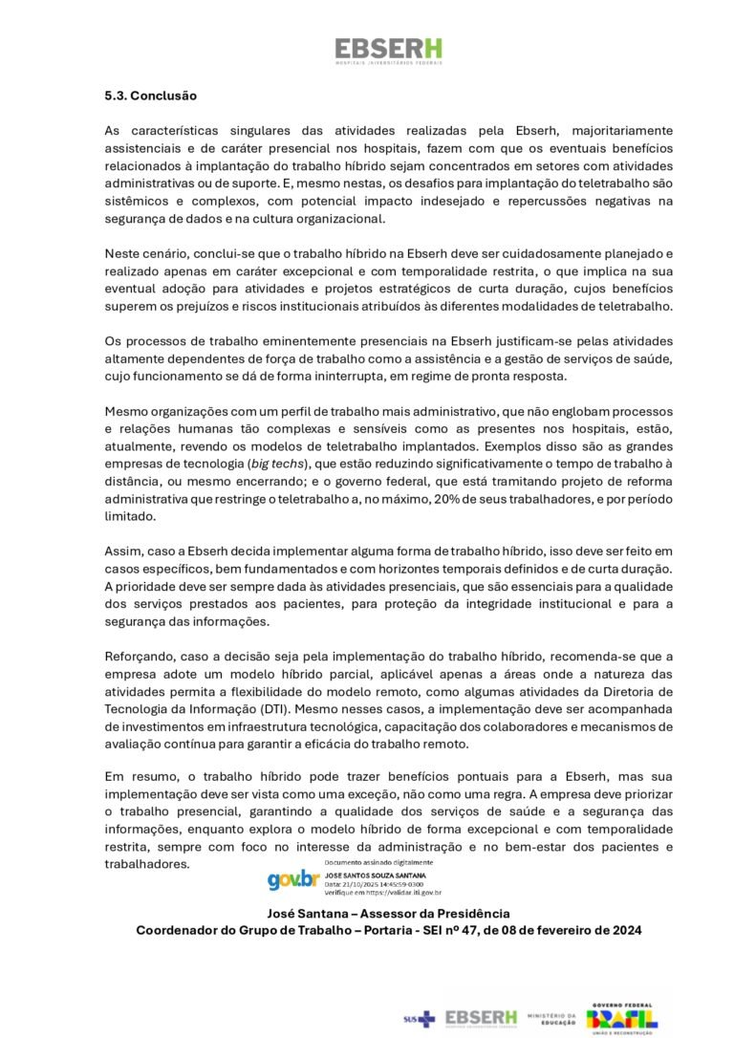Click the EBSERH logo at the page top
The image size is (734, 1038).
click(x=388, y=51)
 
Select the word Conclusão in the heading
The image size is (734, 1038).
click(x=163, y=97)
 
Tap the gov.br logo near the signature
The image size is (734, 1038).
click(x=292, y=879)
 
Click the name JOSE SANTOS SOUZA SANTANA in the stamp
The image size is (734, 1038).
click(x=376, y=875)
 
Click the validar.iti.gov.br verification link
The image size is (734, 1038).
click(x=397, y=893)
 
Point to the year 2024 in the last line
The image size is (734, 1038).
click(x=625, y=930)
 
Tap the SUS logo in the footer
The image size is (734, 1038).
click(x=419, y=1019)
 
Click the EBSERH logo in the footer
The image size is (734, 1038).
click(x=481, y=1017)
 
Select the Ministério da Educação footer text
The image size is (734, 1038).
click(x=551, y=1018)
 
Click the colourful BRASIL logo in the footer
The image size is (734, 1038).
click(x=621, y=1019)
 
